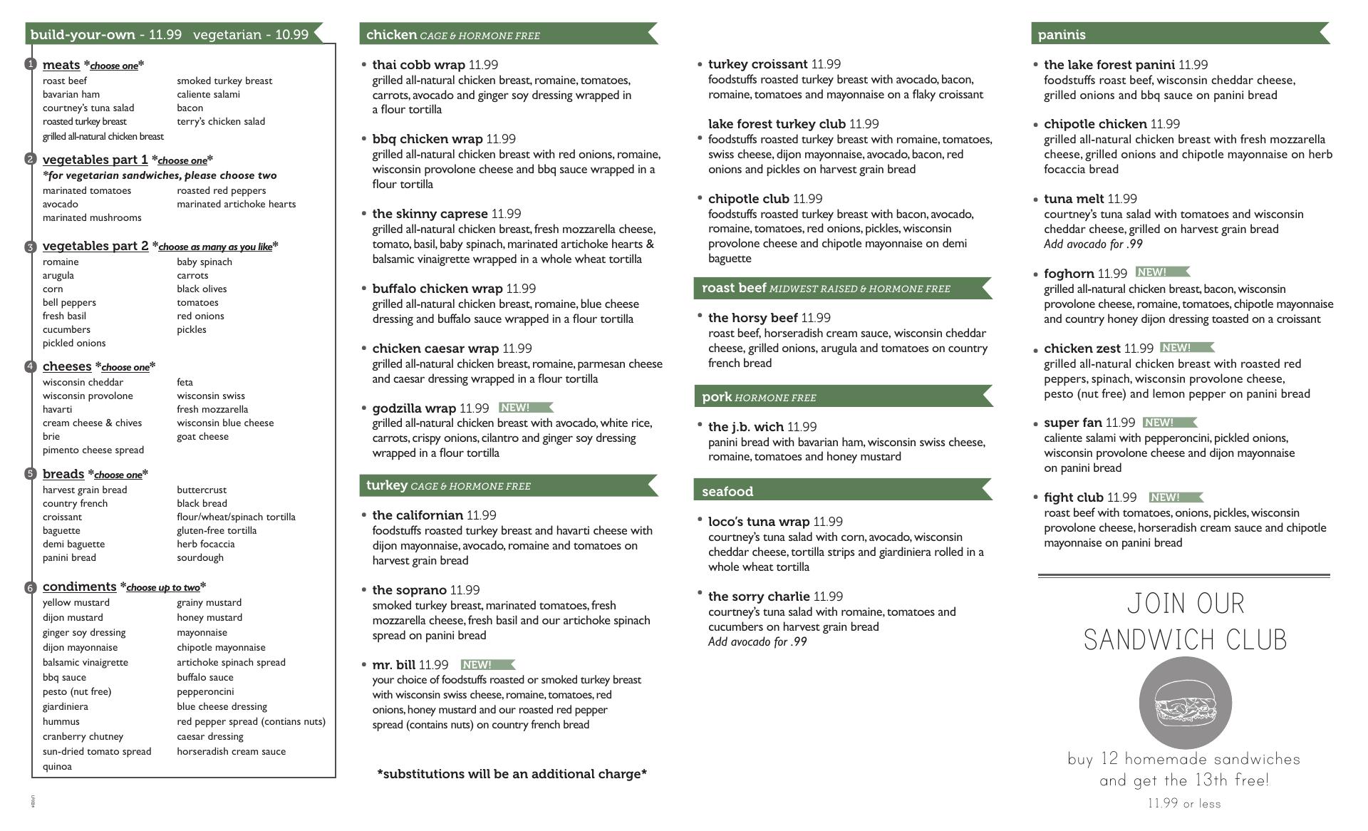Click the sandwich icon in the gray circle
pos(1185,702)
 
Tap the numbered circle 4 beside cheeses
pos(30,367)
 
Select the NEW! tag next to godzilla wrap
pos(525,408)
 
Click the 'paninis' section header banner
pos(1179,34)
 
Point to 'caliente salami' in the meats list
pos(208,94)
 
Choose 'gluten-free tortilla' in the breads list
pos(217,530)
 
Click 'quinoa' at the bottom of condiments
pos(57,766)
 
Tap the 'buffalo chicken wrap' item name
pos(437,289)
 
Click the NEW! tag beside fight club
pos(1175,497)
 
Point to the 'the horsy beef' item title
pos(752,318)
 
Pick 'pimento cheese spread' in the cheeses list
pos(93,450)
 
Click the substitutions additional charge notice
pos(512,774)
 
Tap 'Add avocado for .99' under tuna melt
pos(1092,244)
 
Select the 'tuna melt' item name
pos(1074,199)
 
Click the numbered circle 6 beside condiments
pos(30,588)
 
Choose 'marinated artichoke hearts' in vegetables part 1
pos(236,204)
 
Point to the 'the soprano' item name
pos(409,590)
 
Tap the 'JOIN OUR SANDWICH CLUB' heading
pos(1185,621)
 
